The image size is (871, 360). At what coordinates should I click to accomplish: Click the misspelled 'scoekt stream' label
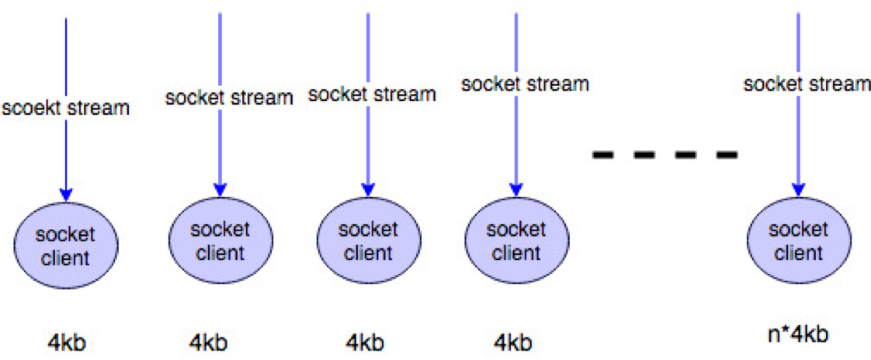pos(66,108)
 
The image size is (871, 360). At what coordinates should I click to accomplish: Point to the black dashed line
pos(665,155)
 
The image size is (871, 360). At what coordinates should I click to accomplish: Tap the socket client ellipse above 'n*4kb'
pos(796,241)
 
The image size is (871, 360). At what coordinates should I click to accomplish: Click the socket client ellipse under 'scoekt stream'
pos(66,245)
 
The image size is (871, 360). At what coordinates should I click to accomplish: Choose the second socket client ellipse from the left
pos(220,241)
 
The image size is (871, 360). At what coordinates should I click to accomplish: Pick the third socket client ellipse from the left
pos(368,241)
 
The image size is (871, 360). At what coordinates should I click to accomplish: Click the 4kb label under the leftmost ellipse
pos(66,342)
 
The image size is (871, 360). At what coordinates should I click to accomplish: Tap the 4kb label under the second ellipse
pos(208,342)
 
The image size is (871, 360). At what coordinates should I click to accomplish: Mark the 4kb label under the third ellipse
pos(364,342)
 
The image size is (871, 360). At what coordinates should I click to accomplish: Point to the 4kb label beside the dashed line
pos(512,341)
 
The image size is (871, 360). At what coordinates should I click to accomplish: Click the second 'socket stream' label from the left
pos(229,98)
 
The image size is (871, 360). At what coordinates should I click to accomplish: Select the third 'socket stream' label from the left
pos(372,95)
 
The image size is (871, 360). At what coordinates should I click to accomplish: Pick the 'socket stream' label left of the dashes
pos(525,83)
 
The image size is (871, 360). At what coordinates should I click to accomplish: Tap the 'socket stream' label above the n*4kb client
pos(807,84)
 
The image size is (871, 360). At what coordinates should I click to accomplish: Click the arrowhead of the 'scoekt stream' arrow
pos(66,194)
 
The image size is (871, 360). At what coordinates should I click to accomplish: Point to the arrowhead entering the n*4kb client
pos(797,189)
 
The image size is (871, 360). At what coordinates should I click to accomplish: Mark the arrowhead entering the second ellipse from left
pos(220,189)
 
